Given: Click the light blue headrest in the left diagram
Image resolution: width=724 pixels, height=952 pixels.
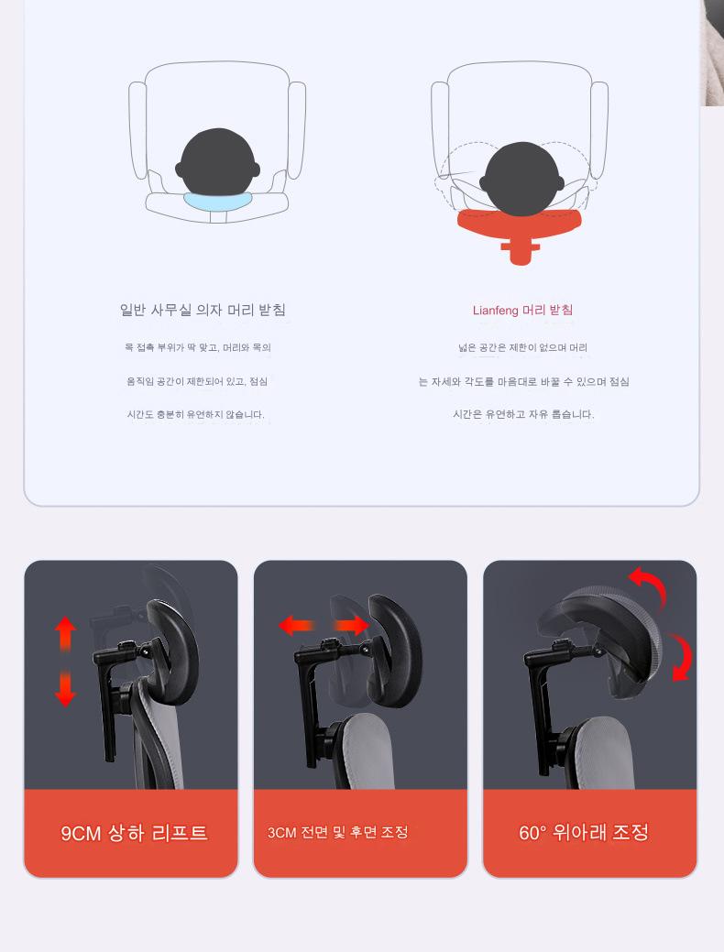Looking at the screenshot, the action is (217, 201).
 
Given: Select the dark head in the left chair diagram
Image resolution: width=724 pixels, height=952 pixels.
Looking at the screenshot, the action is (217, 163).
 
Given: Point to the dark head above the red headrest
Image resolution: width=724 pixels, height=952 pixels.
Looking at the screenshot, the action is (521, 179).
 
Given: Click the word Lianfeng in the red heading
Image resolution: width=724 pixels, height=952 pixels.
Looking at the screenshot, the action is (495, 311).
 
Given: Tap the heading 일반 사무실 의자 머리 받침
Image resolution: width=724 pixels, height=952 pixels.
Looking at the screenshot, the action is (203, 310).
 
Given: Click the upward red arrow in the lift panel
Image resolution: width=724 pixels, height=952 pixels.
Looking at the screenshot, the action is (65, 634).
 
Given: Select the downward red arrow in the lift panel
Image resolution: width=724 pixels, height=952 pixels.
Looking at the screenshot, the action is (65, 688).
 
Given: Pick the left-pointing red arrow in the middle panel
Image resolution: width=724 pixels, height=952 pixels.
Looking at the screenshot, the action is (296, 625).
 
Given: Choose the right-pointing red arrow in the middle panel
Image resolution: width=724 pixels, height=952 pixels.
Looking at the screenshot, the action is (352, 625).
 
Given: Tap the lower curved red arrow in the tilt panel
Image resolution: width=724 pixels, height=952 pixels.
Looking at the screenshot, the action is (683, 657).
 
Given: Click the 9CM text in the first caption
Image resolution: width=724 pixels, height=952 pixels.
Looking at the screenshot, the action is (81, 833).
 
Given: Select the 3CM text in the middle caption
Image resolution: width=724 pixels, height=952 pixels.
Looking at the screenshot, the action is (281, 832).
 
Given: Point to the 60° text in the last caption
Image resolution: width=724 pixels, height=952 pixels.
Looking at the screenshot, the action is (532, 832).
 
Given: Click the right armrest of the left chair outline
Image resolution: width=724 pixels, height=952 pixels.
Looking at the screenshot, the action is (296, 130).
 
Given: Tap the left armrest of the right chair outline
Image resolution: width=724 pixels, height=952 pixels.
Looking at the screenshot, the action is (440, 130).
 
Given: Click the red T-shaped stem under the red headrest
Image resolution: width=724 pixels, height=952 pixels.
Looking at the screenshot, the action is (520, 250).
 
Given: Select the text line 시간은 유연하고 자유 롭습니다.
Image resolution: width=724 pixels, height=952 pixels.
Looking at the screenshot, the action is (523, 414).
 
